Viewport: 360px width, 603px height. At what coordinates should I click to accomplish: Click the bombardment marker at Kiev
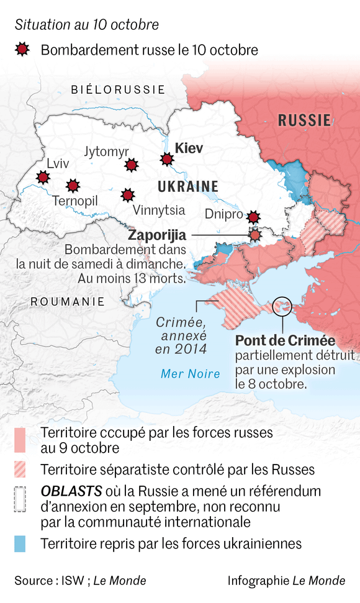click(x=166, y=160)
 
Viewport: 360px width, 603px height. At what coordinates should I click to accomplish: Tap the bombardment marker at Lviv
click(x=43, y=178)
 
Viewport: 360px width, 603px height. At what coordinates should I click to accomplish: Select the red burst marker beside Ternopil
click(x=73, y=186)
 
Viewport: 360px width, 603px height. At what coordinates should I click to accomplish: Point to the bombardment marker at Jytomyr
click(x=131, y=165)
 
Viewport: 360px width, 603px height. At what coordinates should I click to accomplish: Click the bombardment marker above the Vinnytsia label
click(x=127, y=196)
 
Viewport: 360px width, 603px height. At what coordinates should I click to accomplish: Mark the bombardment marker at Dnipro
click(x=253, y=217)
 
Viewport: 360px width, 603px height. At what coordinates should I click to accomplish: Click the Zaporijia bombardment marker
click(x=255, y=235)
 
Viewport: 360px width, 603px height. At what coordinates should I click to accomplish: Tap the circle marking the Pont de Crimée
click(x=282, y=305)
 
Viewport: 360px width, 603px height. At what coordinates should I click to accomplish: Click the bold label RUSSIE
click(x=304, y=120)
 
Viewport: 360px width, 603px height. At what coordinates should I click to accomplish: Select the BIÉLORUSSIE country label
click(x=117, y=89)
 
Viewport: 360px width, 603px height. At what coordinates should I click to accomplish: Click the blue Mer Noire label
click(x=190, y=373)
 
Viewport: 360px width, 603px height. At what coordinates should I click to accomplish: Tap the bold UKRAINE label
click(x=187, y=186)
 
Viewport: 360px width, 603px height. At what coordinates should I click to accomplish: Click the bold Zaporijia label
click(x=157, y=236)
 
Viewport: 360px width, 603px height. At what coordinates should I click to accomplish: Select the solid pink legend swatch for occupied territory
click(x=20, y=440)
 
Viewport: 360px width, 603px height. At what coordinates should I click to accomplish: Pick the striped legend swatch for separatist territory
click(x=20, y=469)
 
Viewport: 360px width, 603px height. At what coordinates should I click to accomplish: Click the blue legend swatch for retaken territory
click(x=20, y=544)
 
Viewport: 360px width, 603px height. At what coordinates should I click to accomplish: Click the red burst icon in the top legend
click(x=22, y=50)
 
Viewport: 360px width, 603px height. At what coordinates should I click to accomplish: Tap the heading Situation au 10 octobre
click(x=87, y=25)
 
